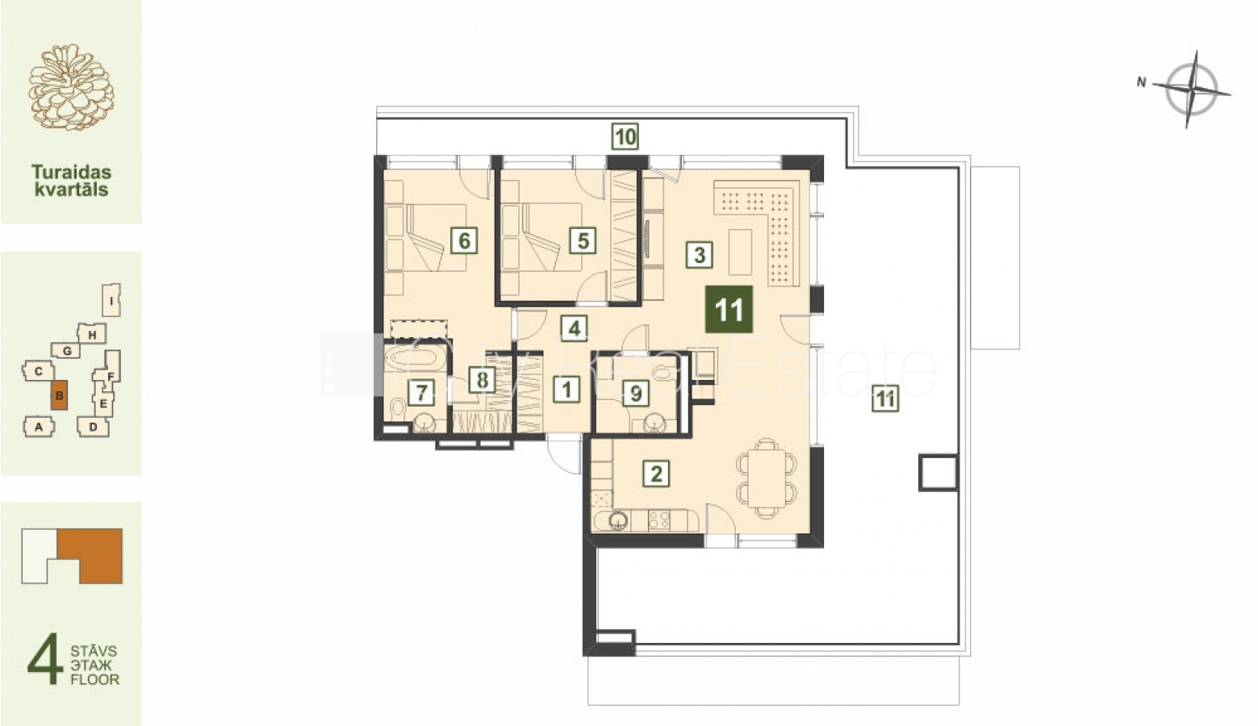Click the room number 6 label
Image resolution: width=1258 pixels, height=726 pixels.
click(464, 241)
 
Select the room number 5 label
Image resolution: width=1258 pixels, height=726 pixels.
click(583, 241)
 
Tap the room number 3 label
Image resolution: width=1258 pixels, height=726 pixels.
click(699, 255)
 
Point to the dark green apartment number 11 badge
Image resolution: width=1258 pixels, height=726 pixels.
click(729, 310)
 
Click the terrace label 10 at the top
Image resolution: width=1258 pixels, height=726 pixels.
click(625, 136)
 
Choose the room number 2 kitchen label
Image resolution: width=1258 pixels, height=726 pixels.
click(656, 474)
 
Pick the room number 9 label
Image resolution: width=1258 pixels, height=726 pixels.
click(636, 394)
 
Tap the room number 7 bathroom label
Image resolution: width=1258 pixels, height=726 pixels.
click(421, 392)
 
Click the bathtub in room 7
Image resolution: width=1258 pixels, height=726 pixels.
click(414, 358)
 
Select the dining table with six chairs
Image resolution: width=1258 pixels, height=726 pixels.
click(767, 478)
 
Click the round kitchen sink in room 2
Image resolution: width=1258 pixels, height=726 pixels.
click(618, 521)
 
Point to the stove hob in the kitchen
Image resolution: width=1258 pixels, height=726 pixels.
click(659, 520)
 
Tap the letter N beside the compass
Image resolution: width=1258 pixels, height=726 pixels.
click(1141, 82)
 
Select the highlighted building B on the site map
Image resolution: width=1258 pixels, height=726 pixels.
click(59, 395)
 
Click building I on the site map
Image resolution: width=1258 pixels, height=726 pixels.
click(111, 300)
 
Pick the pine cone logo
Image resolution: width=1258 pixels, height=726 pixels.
click(71, 88)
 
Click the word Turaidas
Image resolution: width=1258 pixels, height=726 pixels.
click(71, 172)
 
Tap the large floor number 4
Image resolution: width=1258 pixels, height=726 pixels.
click(45, 659)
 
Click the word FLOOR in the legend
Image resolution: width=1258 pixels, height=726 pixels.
click(95, 679)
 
